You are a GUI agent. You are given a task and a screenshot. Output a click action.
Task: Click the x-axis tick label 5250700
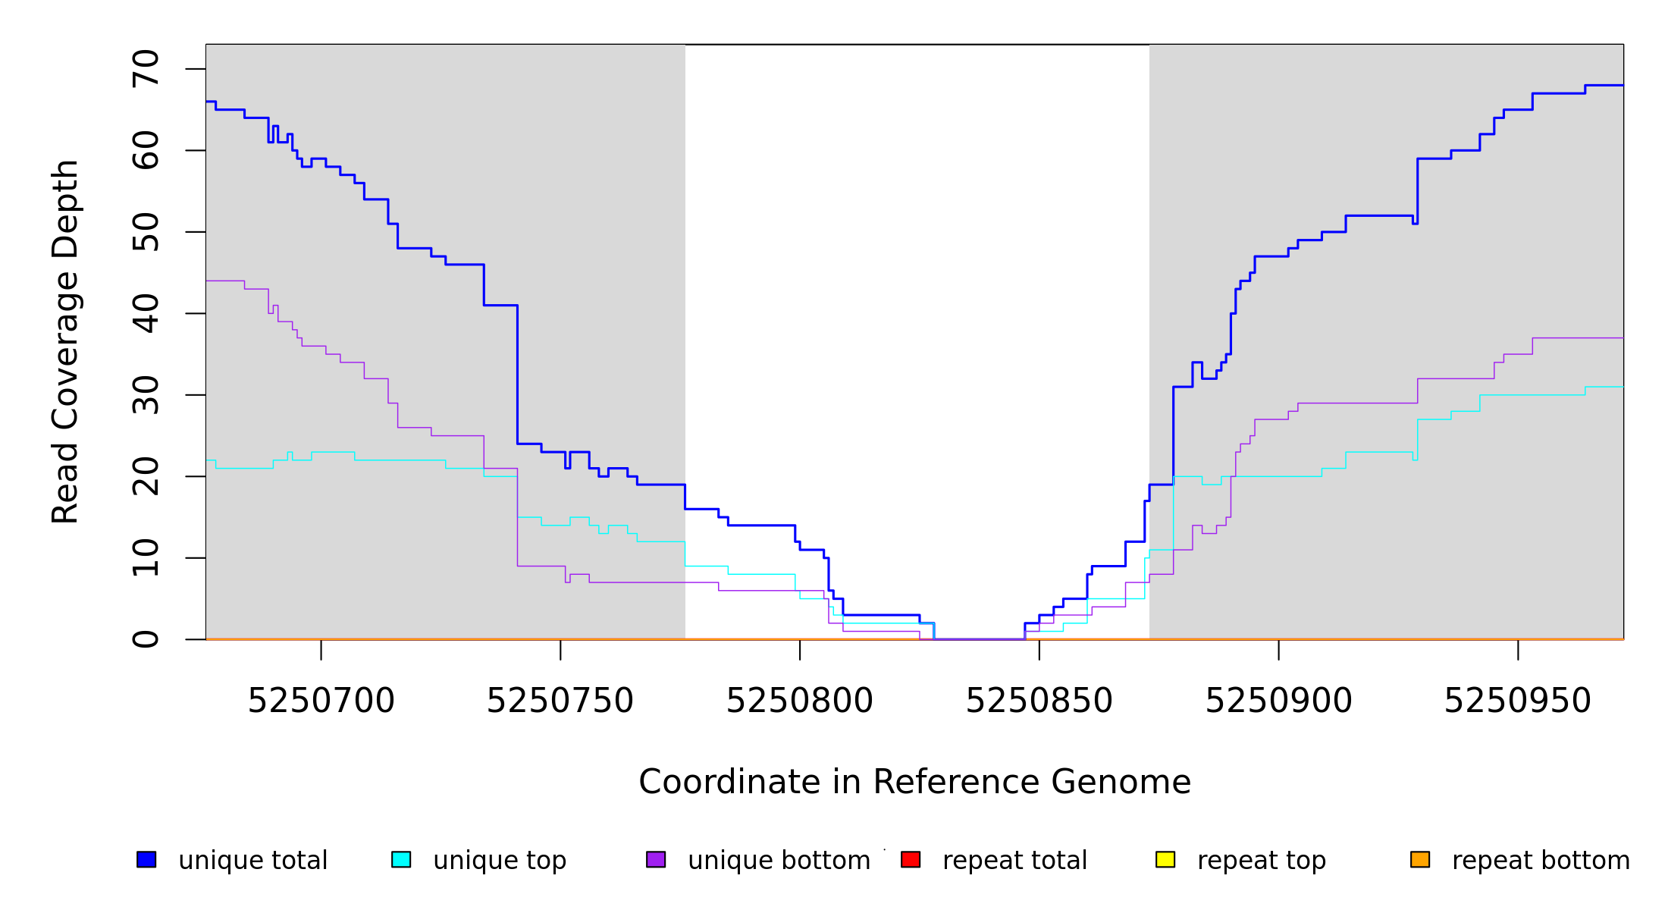pyautogui.click(x=321, y=701)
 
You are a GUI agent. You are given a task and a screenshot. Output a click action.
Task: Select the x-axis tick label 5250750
pyautogui.click(x=560, y=701)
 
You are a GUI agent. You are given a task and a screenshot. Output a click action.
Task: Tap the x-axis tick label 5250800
pyautogui.click(x=799, y=701)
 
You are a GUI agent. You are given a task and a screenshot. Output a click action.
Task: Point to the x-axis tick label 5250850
pyautogui.click(x=1039, y=701)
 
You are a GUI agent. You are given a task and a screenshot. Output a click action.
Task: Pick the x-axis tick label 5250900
pyautogui.click(x=1278, y=701)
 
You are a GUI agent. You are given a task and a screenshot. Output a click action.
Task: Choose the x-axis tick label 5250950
pyautogui.click(x=1517, y=701)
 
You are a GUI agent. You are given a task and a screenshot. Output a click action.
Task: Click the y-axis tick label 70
pyautogui.click(x=146, y=69)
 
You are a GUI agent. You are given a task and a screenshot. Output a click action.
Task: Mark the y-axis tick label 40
pyautogui.click(x=146, y=313)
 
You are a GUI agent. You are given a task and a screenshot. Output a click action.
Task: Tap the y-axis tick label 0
pyautogui.click(x=146, y=639)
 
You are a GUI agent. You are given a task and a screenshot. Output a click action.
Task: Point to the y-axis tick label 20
pyautogui.click(x=146, y=476)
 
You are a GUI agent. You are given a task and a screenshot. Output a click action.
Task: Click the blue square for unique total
pyautogui.click(x=146, y=859)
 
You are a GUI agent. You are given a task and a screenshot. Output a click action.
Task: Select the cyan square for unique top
pyautogui.click(x=401, y=859)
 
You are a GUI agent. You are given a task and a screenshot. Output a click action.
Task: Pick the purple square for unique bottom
pyautogui.click(x=656, y=859)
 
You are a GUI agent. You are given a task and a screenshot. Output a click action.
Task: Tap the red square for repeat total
pyautogui.click(x=911, y=859)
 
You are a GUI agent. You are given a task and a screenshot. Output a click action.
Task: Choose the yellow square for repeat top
pyautogui.click(x=1165, y=859)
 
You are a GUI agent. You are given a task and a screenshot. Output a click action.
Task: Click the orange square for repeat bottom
pyautogui.click(x=1420, y=859)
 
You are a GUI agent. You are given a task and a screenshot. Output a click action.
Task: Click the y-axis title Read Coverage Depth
pyautogui.click(x=65, y=341)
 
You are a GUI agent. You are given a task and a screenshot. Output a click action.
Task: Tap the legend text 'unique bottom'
pyautogui.click(x=779, y=861)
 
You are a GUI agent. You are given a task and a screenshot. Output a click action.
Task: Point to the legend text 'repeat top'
pyautogui.click(x=1262, y=861)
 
